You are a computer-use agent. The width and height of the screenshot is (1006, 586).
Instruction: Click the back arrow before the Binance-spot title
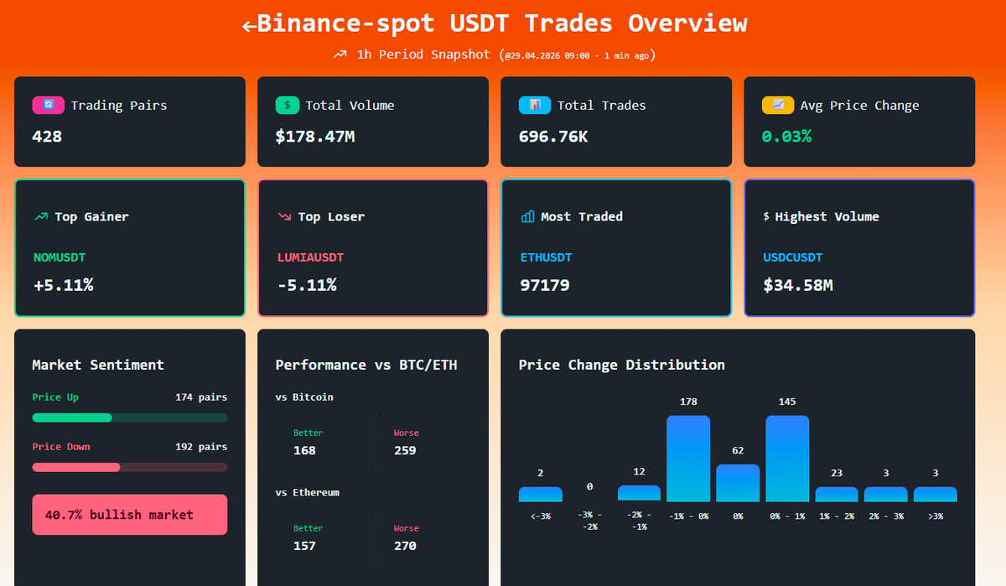pyautogui.click(x=249, y=25)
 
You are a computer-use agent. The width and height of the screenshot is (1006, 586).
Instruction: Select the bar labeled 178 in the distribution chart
pyautogui.click(x=688, y=459)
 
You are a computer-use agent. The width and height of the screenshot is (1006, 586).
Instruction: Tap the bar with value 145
pyautogui.click(x=787, y=459)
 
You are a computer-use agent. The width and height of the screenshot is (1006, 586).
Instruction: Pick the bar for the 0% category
pyautogui.click(x=738, y=483)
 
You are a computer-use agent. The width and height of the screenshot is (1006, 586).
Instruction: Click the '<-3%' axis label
pyautogui.click(x=541, y=516)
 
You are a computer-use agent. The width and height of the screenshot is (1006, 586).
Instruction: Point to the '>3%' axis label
pyautogui.click(x=935, y=516)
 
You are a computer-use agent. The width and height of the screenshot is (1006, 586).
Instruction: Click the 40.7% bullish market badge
pyautogui.click(x=129, y=515)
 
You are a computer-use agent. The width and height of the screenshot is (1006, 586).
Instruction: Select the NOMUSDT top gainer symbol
pyautogui.click(x=60, y=257)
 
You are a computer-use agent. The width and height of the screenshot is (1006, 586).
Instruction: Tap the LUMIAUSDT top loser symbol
pyautogui.click(x=310, y=257)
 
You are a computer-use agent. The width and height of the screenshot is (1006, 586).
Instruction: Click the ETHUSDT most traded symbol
pyautogui.click(x=546, y=257)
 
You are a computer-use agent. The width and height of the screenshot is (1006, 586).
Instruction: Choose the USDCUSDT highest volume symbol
pyautogui.click(x=792, y=257)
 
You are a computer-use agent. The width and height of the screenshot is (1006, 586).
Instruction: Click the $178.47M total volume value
pyautogui.click(x=314, y=136)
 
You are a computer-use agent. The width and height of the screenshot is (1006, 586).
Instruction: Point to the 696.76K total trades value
pyautogui.click(x=553, y=136)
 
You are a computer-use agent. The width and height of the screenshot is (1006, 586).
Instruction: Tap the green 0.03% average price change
pyautogui.click(x=786, y=136)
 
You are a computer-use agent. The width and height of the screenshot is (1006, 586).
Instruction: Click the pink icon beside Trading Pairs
pyautogui.click(x=48, y=106)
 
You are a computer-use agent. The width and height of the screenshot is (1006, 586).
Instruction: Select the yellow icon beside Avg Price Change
pyautogui.click(x=777, y=106)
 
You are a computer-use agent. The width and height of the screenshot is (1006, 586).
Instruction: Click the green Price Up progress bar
pyautogui.click(x=72, y=417)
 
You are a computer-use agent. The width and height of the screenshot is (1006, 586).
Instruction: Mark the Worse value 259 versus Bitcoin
pyautogui.click(x=405, y=450)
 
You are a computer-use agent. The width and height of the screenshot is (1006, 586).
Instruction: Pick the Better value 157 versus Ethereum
pyautogui.click(x=304, y=546)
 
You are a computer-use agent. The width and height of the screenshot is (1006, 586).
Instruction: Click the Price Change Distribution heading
pyautogui.click(x=621, y=365)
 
